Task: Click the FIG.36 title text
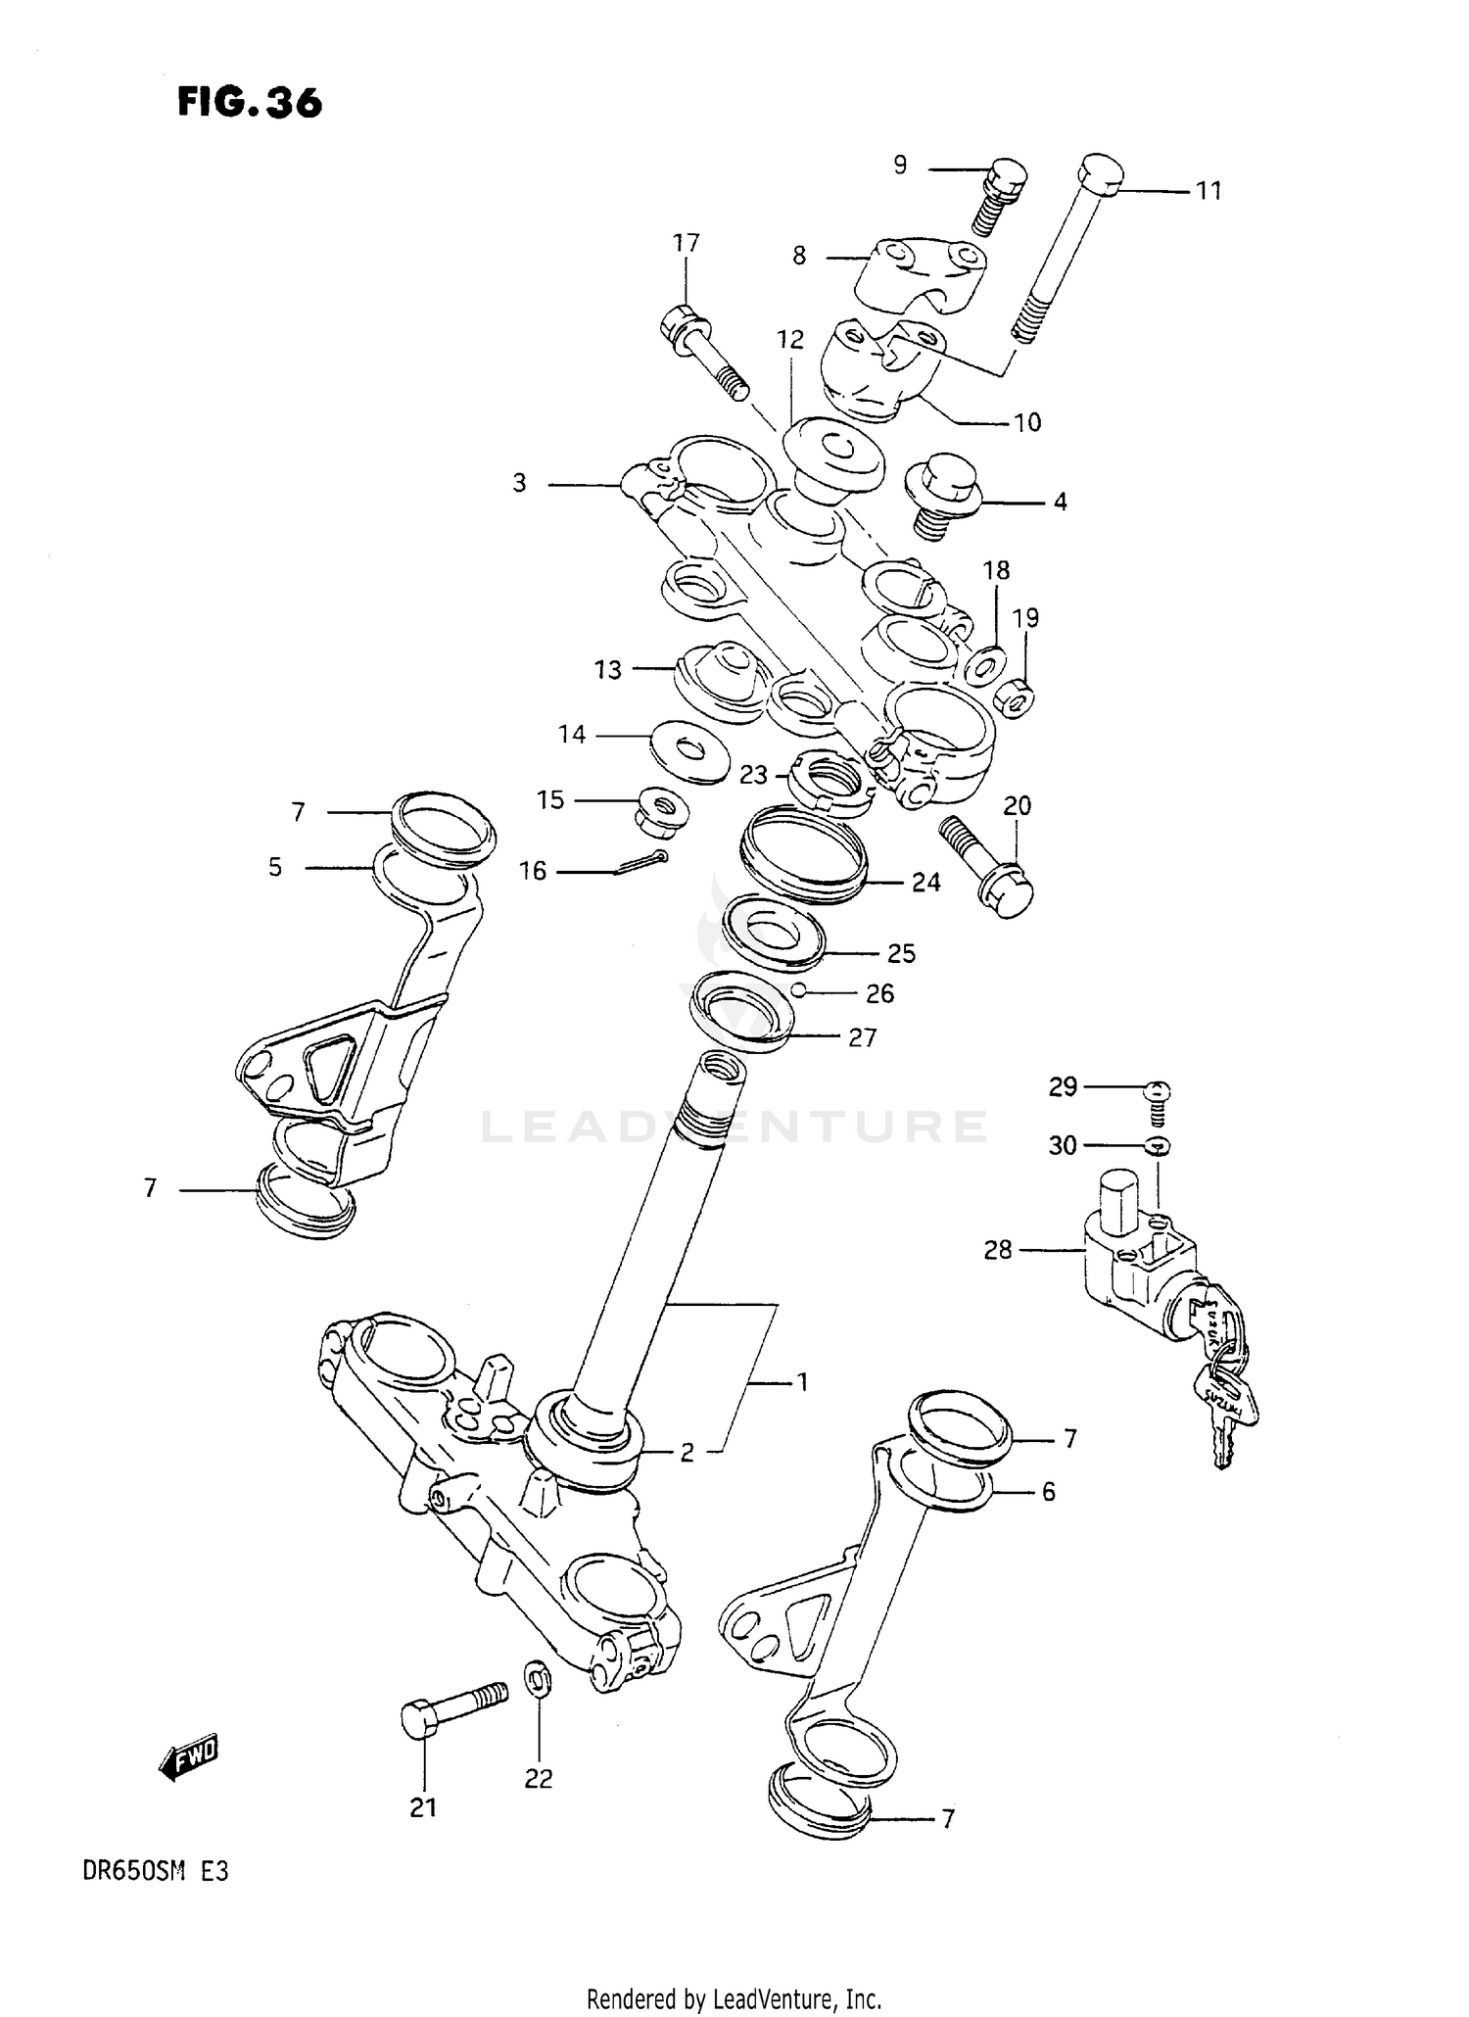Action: pos(250,102)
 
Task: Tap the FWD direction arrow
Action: pos(188,1758)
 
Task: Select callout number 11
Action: pos(1208,191)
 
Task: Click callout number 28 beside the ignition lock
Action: pos(997,1250)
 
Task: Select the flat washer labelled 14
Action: pos(690,752)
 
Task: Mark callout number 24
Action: pos(925,883)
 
